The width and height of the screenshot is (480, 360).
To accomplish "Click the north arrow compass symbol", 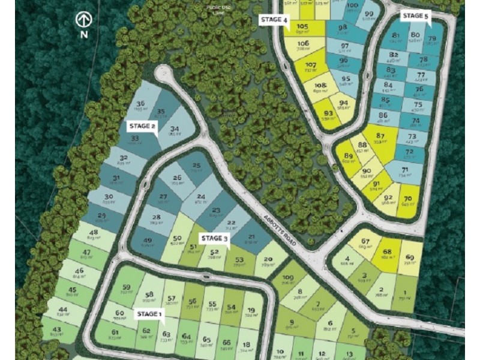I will pyautogui.click(x=83, y=20).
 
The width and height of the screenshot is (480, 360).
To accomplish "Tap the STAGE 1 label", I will pyautogui.click(x=149, y=314).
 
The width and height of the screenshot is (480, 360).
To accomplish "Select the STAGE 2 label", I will pyautogui.click(x=142, y=126).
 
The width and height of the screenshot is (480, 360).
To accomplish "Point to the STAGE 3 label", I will pyautogui.click(x=215, y=238).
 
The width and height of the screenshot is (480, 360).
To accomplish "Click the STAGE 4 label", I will pyautogui.click(x=274, y=20).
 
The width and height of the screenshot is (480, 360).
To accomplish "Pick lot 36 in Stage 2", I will pyautogui.click(x=141, y=106).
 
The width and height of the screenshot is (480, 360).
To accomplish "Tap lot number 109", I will pyautogui.click(x=287, y=280).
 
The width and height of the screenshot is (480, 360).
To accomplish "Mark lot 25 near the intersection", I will pyautogui.click(x=197, y=168).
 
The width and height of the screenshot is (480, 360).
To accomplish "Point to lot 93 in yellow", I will pyautogui.click(x=328, y=115).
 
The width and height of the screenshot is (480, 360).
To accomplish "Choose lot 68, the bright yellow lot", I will pyautogui.click(x=387, y=254).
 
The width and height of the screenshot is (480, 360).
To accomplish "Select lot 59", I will pyautogui.click(x=126, y=290).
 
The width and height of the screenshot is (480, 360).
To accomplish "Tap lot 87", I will pyautogui.click(x=380, y=137).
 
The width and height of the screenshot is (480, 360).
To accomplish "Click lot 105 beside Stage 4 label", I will pyautogui.click(x=302, y=29).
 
